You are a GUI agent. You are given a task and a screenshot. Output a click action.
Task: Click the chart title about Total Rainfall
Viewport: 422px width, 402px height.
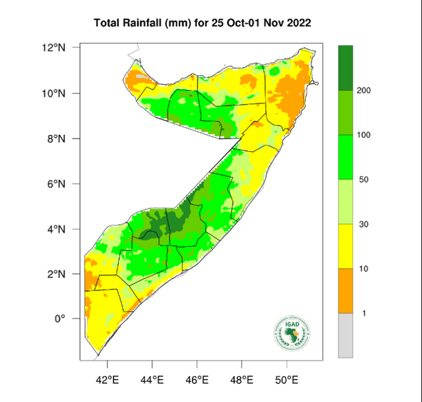(x=203, y=24)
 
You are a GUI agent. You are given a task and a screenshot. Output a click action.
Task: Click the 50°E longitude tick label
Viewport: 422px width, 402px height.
(x=287, y=380)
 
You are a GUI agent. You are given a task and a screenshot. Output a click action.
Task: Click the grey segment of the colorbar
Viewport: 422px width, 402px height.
(x=345, y=335)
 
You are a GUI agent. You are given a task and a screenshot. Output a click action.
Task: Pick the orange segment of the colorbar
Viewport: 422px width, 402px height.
(x=345, y=290)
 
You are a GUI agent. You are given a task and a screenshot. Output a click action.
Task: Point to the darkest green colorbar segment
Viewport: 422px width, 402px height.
(x=345, y=67)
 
